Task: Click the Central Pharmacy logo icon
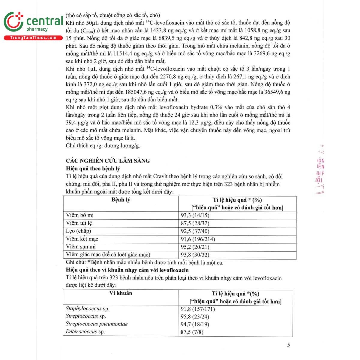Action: (13, 22)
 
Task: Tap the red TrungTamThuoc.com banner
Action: (33, 38)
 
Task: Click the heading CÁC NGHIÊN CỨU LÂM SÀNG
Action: (108, 161)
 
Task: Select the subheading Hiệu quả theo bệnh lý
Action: (93, 169)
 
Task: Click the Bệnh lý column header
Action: (121, 200)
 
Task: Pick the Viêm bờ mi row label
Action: (80, 215)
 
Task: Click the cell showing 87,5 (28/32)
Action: (195, 223)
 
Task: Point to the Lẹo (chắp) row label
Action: (78, 231)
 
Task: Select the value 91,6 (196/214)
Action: (198, 239)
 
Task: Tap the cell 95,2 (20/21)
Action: (195, 247)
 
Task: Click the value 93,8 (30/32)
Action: (195, 255)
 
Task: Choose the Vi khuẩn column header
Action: (121, 293)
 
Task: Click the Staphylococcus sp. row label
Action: (88, 308)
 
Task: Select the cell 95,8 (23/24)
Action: (195, 316)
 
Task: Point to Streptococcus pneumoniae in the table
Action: (97, 324)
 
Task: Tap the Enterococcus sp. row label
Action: (85, 332)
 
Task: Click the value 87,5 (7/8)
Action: (192, 332)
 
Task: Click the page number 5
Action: (289, 345)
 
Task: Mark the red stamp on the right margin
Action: (319, 169)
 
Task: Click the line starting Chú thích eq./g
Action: (103, 146)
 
